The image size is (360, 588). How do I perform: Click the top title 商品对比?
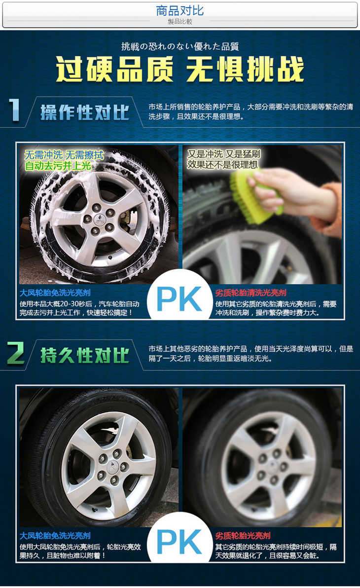180,10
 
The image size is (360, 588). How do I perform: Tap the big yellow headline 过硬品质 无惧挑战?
180,70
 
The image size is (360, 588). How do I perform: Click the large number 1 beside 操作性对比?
14,110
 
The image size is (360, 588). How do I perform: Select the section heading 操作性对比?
85,112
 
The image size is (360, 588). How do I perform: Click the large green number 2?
16,353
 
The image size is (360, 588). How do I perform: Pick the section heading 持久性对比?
85,355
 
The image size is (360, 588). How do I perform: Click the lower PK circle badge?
179,541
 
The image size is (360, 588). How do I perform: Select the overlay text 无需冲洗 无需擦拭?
64,154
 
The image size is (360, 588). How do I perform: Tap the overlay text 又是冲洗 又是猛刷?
224,154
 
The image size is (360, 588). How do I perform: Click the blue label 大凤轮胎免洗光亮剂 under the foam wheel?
55,293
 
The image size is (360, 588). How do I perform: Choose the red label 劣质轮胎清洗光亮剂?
251,293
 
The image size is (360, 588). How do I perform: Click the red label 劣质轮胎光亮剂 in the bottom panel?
243,536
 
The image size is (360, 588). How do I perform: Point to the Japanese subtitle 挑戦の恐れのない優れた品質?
180,46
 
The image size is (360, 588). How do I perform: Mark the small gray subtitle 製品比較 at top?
180,22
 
